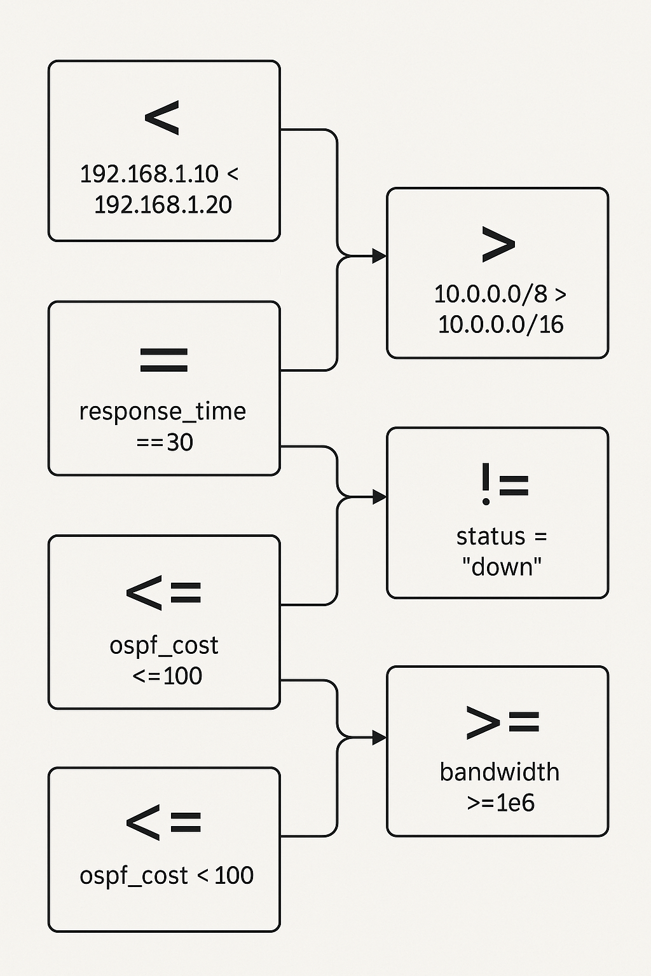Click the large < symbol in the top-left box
coord(162,118)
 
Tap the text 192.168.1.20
coord(163,205)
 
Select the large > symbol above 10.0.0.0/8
coord(498,244)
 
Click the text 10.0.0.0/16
coord(500,324)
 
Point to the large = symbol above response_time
coord(163,360)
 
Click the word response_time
coord(162,412)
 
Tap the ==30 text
coord(164,442)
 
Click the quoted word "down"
coord(502,566)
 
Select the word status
coord(491,537)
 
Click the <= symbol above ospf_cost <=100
coord(164,593)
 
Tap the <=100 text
coord(167,675)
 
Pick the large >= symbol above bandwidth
coord(502,722)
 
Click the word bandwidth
coord(500,772)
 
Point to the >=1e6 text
coord(500,803)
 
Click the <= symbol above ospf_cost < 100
coord(164,823)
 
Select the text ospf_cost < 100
coord(166,876)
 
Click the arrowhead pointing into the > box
coord(380,256)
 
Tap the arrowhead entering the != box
coord(380,497)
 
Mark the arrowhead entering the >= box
coord(380,738)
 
